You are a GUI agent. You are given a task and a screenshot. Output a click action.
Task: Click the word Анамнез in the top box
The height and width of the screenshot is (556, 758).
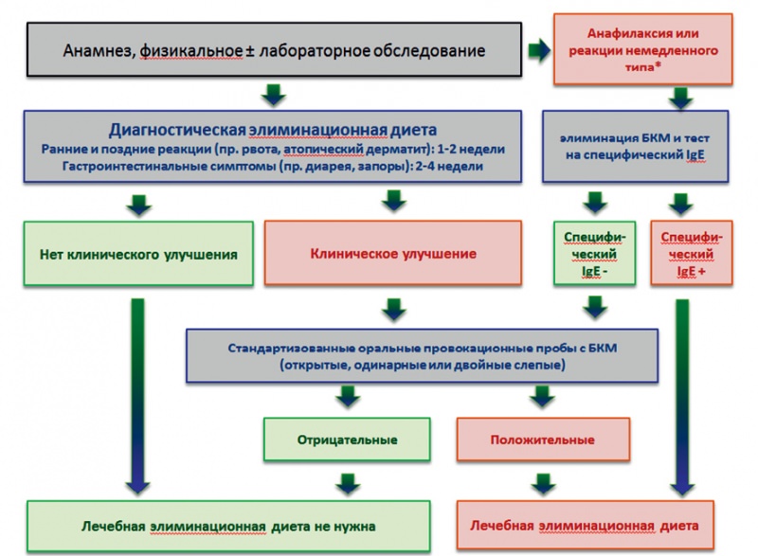click(99, 51)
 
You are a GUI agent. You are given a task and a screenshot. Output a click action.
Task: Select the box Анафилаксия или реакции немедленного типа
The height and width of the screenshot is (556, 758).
click(643, 49)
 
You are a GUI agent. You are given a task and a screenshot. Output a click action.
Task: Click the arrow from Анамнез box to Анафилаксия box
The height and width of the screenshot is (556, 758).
click(539, 50)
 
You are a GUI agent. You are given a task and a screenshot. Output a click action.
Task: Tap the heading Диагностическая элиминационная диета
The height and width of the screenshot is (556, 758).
click(273, 130)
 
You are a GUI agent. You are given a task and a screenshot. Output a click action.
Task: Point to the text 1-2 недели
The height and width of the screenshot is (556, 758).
click(471, 150)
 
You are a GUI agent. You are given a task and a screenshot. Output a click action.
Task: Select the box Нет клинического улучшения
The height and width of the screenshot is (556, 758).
click(138, 254)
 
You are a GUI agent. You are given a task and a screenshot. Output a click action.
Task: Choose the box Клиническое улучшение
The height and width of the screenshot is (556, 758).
click(393, 253)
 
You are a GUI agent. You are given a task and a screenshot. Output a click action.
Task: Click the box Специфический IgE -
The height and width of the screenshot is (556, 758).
click(595, 253)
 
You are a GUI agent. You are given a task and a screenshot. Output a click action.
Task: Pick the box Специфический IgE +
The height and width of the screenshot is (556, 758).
click(692, 253)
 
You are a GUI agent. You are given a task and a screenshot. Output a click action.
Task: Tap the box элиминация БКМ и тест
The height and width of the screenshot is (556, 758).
click(635, 147)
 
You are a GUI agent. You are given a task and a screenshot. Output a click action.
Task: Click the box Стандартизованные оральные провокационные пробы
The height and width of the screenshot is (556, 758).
click(422, 356)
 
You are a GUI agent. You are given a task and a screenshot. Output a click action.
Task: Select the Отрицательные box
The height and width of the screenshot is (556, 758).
click(347, 439)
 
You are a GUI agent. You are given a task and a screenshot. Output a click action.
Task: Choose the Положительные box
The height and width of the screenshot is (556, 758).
click(543, 439)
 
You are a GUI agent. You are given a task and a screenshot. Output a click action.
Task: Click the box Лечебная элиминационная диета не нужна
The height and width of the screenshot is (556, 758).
click(228, 526)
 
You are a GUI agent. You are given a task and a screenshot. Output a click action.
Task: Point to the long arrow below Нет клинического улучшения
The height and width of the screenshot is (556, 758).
click(137, 396)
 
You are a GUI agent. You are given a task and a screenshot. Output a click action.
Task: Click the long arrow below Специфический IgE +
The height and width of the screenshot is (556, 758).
click(682, 397)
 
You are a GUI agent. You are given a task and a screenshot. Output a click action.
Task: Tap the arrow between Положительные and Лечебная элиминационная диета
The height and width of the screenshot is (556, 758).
click(543, 484)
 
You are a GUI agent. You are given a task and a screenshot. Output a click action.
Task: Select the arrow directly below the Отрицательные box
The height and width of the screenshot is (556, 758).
click(348, 484)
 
